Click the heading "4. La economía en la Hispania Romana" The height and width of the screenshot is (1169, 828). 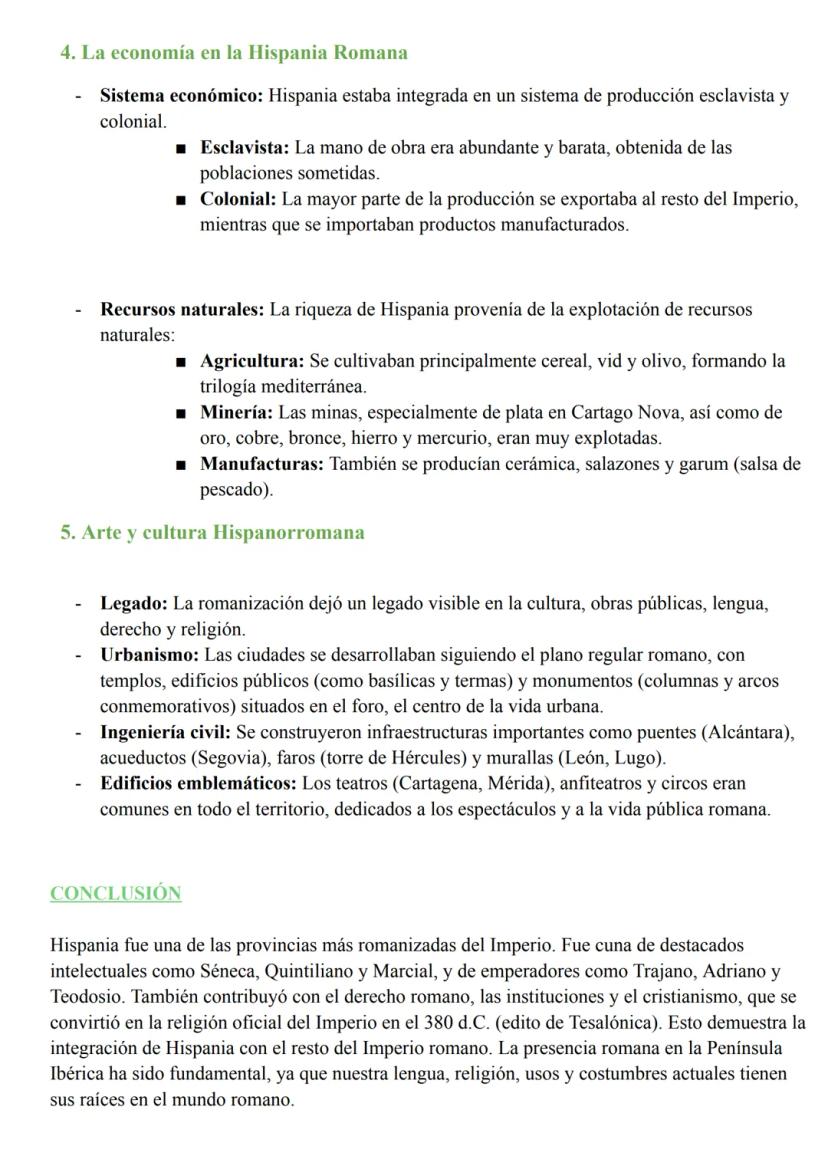tap(234, 52)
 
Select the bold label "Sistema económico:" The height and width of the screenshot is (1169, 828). tap(181, 97)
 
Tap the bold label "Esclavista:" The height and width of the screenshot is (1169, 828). tap(244, 148)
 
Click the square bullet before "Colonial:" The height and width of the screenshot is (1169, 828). tap(180, 200)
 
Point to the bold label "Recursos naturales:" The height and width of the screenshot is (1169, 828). tap(181, 310)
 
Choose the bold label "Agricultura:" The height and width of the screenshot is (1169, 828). tap(252, 361)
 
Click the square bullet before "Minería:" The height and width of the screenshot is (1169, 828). tap(180, 413)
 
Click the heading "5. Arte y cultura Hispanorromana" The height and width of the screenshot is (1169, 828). tap(212, 532)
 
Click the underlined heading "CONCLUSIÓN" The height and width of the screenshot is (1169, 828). tap(116, 894)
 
